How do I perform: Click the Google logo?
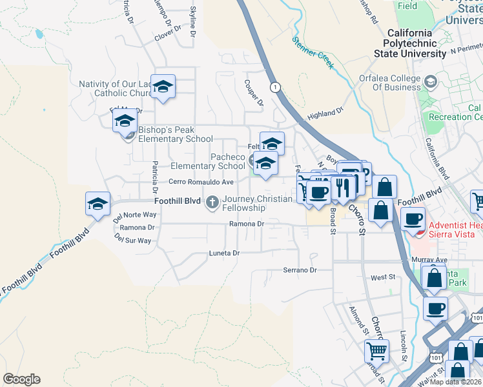coord(22,379)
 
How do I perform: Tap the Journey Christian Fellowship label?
coord(257,203)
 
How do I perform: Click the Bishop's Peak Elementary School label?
coord(175,134)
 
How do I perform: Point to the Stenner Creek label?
coord(313,52)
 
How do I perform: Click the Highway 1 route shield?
coord(276,87)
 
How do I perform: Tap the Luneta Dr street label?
coord(224,253)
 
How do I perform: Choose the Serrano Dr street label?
coord(300,270)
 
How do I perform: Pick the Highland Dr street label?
coord(325,114)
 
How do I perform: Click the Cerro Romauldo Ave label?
coord(201,183)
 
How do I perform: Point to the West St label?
coord(382,277)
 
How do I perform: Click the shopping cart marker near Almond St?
coord(376,352)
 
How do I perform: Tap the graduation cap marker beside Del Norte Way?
coord(98,205)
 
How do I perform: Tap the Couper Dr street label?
coord(254,93)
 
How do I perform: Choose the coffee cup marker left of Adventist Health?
coord(413,219)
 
